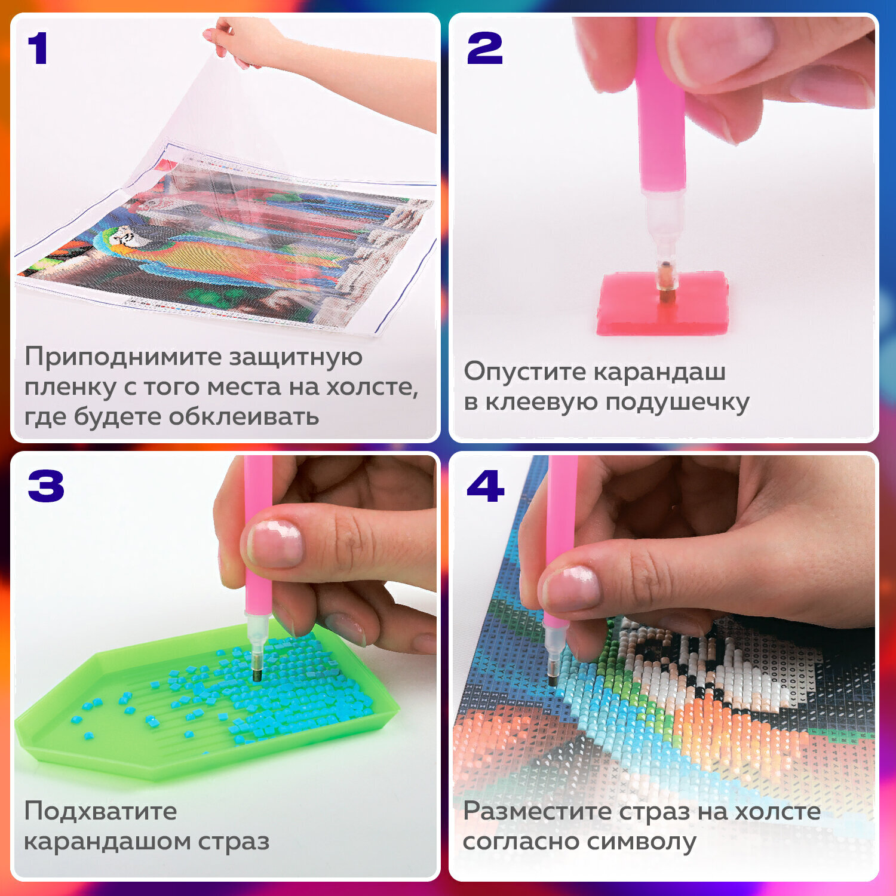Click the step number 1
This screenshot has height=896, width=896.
click(38, 48)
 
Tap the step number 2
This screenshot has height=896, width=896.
click(484, 48)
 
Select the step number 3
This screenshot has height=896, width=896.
click(46, 486)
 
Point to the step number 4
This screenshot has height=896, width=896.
click(485, 486)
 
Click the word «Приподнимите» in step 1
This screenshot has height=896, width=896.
click(123, 357)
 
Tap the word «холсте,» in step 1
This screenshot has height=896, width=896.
click(372, 387)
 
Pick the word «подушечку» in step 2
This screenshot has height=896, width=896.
click(677, 402)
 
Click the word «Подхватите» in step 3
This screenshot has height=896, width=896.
click(100, 811)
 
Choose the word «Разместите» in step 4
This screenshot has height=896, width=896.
click(538, 811)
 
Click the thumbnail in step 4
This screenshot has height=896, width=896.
click(570, 588)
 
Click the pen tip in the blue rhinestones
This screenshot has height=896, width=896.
click(257, 674)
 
